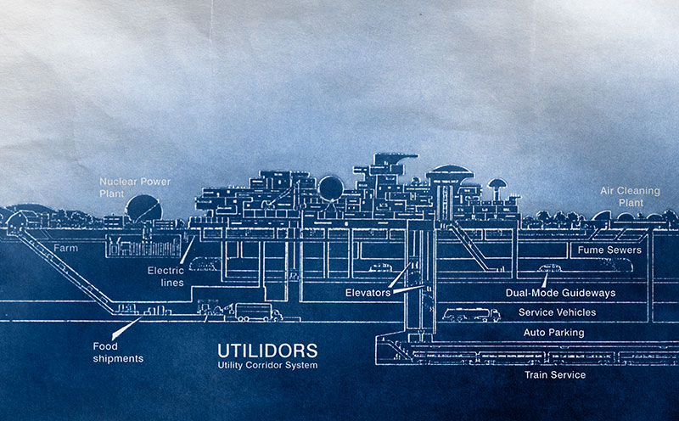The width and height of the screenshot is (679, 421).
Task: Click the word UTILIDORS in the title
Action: pos(267,350)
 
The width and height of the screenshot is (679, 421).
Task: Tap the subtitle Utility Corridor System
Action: pos(267,365)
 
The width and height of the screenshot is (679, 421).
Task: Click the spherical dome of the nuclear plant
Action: pos(142,210)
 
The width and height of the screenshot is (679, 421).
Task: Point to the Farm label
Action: pos(65,249)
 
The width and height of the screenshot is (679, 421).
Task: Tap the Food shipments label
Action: pos(118,352)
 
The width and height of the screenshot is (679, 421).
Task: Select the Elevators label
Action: pos(367,292)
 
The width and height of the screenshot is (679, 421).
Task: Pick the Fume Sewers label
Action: pos(609,250)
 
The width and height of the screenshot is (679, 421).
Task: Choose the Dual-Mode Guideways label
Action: pos(571,293)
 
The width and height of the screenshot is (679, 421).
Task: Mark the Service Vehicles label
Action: pos(557,312)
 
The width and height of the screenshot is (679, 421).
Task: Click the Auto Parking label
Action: pos(553,333)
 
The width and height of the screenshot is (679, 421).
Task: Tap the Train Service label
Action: pos(554,374)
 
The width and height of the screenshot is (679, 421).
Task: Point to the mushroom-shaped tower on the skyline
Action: pos(497,184)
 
